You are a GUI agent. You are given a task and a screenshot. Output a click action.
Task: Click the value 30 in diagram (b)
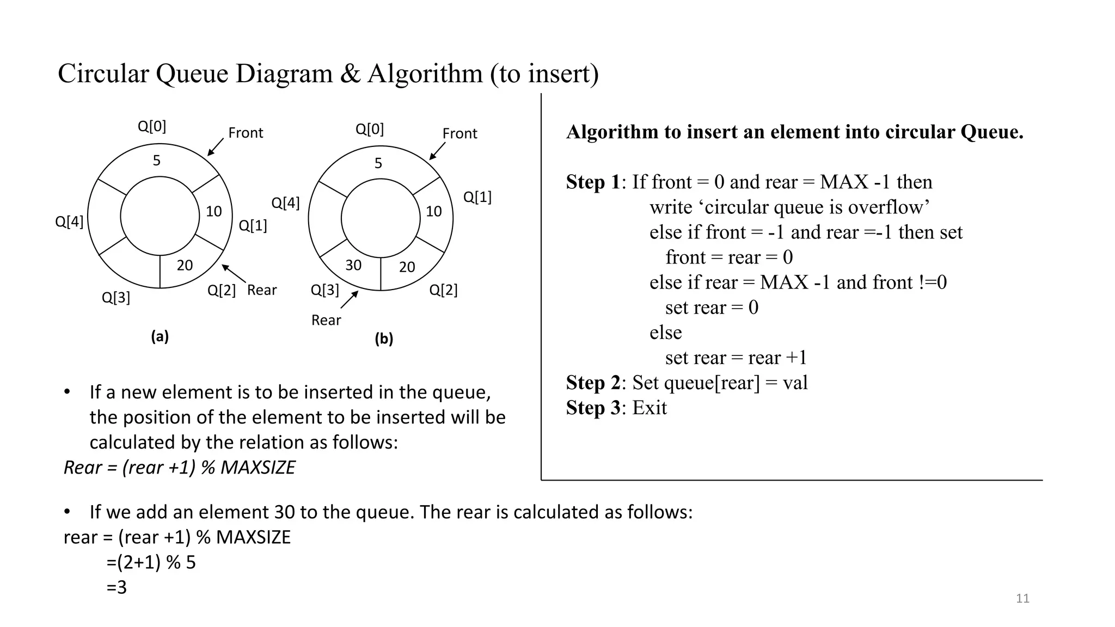pos(353,265)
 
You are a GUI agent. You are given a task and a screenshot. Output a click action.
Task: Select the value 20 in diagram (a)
pos(185,265)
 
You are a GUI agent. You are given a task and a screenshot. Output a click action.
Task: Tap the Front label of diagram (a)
pos(245,133)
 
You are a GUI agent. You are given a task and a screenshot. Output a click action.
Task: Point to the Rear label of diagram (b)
pos(326,320)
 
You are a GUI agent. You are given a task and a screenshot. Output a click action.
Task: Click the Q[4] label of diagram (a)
pos(69,222)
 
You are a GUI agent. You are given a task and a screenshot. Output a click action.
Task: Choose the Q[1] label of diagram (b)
pos(477,197)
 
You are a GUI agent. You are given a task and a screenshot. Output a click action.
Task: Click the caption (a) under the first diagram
pos(160,336)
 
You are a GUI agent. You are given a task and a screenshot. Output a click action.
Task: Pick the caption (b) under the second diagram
pos(383,339)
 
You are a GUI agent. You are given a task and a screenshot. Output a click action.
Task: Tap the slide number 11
pos(1022,599)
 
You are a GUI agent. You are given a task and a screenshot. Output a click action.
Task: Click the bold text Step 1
pos(592,182)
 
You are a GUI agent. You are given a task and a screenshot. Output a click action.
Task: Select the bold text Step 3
pos(592,408)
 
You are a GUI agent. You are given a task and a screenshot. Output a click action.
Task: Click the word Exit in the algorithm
pos(649,408)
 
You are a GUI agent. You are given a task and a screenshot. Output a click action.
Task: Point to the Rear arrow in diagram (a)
pos(234,273)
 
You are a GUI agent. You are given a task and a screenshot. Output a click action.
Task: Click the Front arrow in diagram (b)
pos(437,151)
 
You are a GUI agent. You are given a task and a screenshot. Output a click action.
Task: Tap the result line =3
pos(117,587)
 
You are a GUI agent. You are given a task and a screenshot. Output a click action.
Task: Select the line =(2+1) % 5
pos(151,562)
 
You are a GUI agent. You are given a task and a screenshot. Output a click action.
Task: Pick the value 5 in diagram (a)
pos(157,161)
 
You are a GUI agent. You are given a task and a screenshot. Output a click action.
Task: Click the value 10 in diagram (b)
pos(433,211)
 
